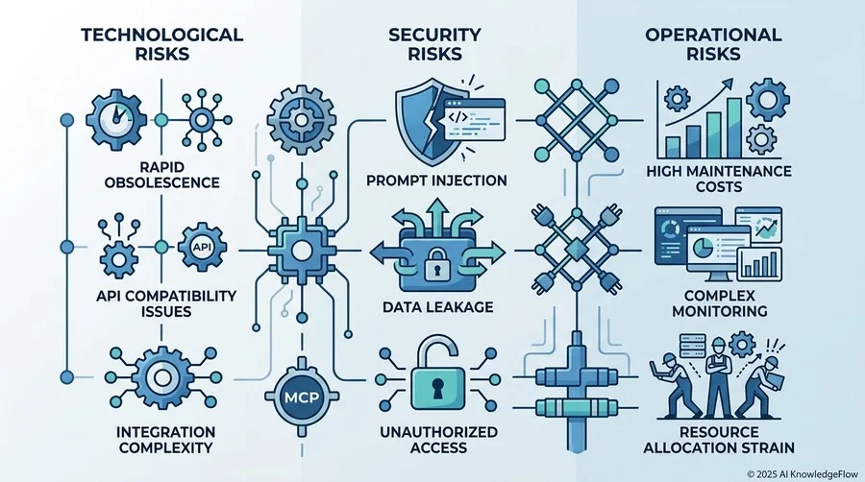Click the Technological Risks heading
point(161,44)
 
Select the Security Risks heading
point(434,44)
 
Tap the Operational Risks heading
point(713,44)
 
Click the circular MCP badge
point(302,398)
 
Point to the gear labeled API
point(202,248)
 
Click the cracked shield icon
point(422,121)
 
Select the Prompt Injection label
point(436,181)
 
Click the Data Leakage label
point(438,307)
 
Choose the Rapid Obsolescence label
point(161,174)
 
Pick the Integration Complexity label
point(166,439)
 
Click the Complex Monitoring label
point(719,303)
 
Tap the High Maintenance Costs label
point(719,179)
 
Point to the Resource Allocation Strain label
point(719,439)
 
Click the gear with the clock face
point(116,120)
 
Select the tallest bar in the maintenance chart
point(734,128)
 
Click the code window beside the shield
point(475,120)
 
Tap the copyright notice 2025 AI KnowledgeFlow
point(803,473)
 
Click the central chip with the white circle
point(301,252)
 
